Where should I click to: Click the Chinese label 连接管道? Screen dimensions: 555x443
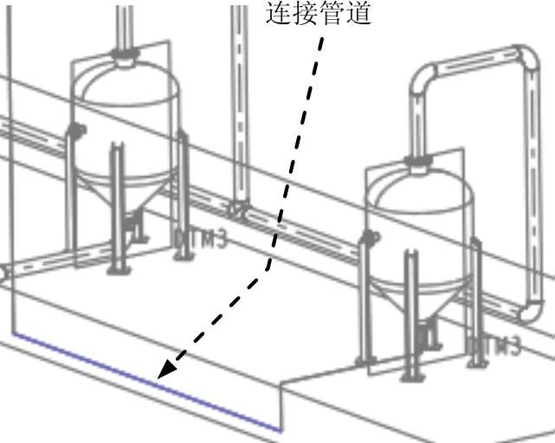pyautogui.click(x=318, y=15)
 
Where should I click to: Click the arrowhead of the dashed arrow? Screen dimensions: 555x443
pyautogui.click(x=166, y=369)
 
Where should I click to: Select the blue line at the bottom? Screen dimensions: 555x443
pyautogui.click(x=147, y=381)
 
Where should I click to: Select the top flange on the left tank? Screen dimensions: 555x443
pyautogui.click(x=126, y=59)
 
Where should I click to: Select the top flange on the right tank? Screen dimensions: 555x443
pyautogui.click(x=420, y=160)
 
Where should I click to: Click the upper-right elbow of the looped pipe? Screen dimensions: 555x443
pyautogui.click(x=524, y=61)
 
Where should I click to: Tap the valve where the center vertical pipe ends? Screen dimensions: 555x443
pyautogui.click(x=236, y=209)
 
